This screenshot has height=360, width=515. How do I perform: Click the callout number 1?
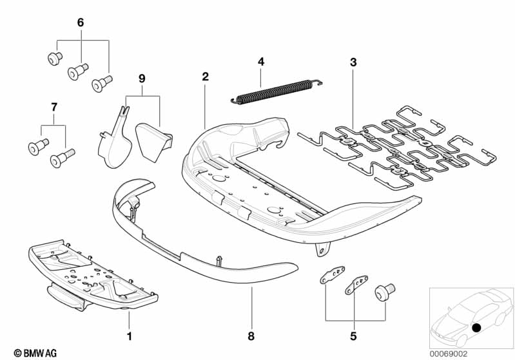130,336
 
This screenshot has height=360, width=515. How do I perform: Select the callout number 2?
205,77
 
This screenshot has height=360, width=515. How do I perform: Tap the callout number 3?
353,62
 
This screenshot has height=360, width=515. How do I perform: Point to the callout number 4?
261,62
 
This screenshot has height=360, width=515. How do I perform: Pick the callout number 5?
353,336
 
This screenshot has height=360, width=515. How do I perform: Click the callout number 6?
81,23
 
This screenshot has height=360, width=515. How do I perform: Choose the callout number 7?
54,107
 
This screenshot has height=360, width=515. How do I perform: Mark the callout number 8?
251,336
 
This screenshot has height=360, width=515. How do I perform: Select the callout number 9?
142,79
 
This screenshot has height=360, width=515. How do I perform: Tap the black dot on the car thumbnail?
476,327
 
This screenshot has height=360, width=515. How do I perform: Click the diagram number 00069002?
449,354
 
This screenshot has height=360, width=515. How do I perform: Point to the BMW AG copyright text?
35,353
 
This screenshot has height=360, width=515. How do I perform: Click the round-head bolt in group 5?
385,292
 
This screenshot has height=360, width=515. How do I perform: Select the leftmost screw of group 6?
55,59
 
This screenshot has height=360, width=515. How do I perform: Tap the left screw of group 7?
39,147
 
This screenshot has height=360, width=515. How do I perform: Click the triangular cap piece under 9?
153,142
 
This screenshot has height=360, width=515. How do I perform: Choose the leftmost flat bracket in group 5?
333,275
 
